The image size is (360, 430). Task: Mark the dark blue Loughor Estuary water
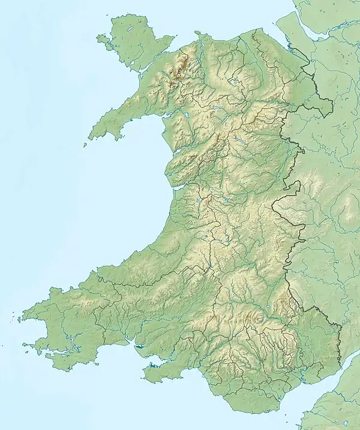tap(142, 347)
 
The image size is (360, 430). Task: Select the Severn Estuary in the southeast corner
tap(336, 384)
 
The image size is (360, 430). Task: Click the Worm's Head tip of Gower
tap(143, 377)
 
